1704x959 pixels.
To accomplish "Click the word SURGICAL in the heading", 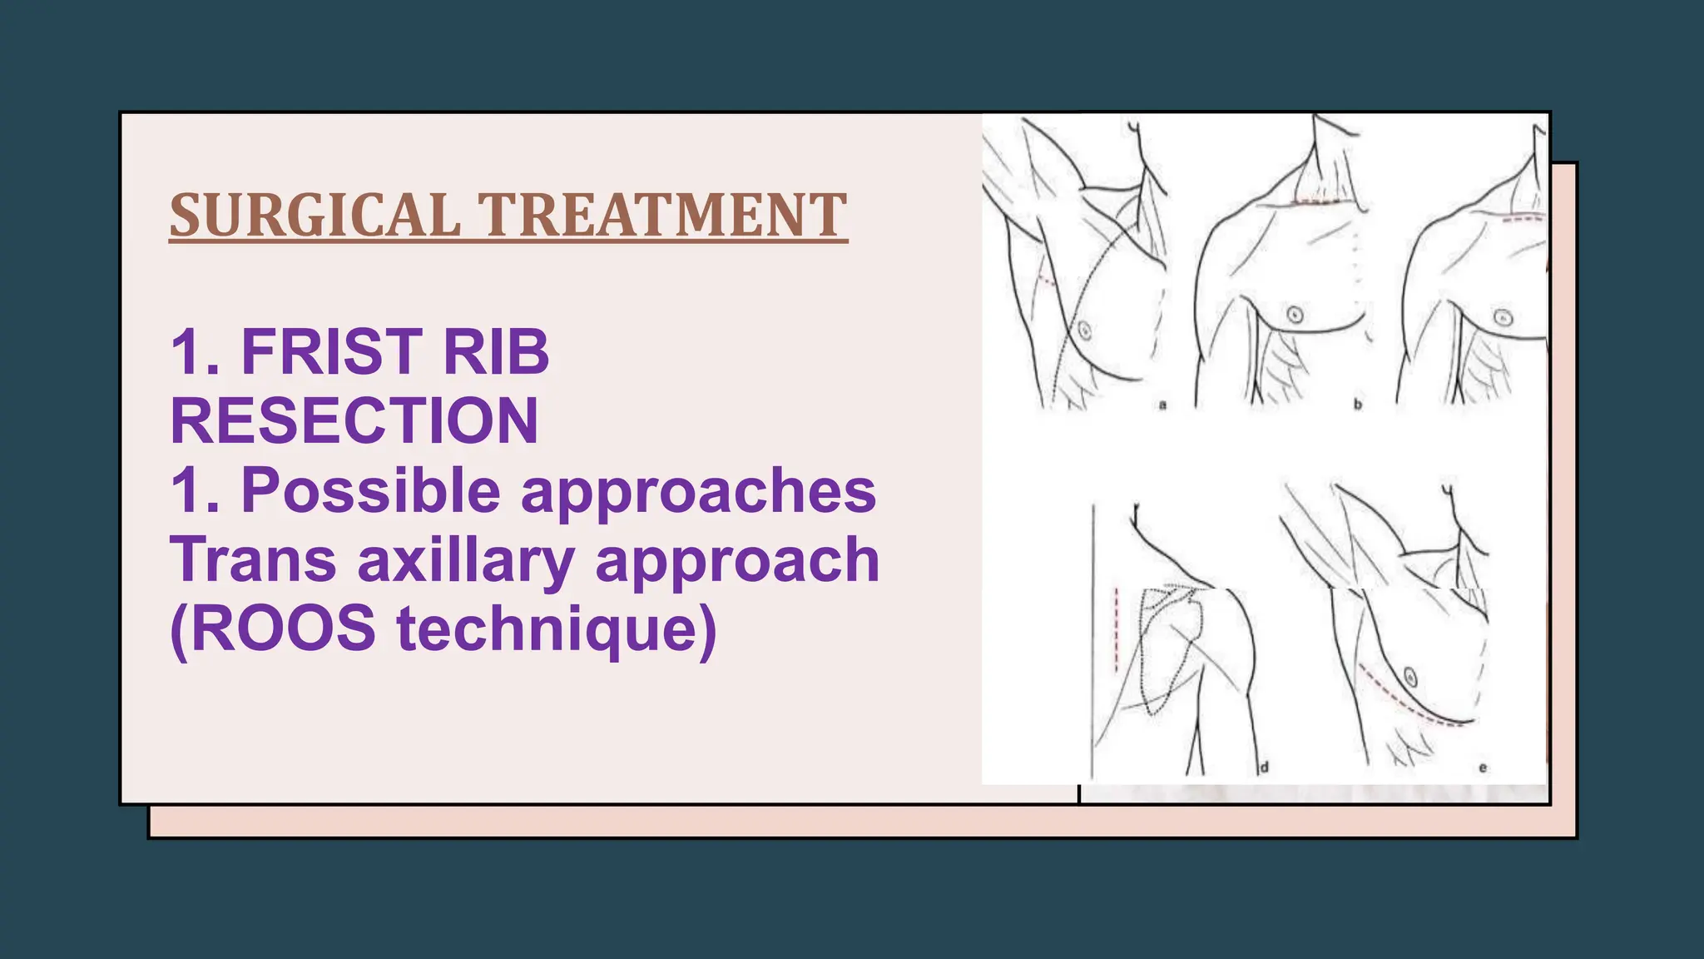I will tap(315, 215).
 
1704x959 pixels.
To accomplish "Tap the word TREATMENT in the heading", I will tap(662, 215).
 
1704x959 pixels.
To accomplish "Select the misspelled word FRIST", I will tap(329, 351).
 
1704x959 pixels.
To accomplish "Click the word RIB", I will tap(496, 351).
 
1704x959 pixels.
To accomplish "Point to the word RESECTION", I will tap(354, 420).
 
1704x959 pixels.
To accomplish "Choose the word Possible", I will tap(371, 490).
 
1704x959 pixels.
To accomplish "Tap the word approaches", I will tap(699, 490).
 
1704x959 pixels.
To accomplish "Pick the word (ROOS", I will tap(273, 629).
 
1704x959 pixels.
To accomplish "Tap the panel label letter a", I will tap(1162, 405).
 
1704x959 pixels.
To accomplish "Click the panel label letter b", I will tap(1357, 405).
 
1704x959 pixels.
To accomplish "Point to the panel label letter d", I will tap(1264, 767).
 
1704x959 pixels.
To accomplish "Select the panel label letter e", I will tap(1483, 768).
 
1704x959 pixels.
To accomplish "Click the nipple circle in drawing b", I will tap(1295, 314).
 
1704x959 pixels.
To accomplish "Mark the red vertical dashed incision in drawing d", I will tap(1116, 629).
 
